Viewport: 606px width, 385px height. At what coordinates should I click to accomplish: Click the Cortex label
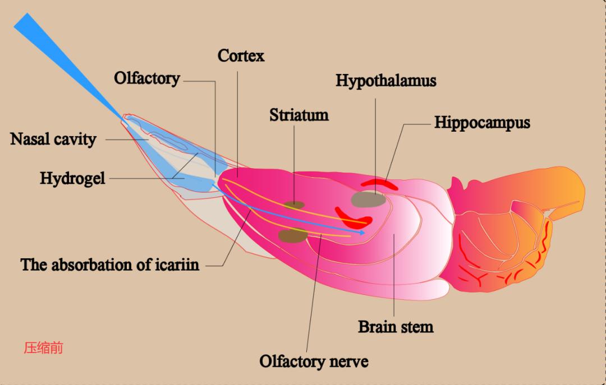coord(241,56)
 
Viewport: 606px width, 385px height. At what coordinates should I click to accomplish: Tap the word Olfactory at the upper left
coord(146,78)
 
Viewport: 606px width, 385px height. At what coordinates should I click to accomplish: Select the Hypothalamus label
coord(385,81)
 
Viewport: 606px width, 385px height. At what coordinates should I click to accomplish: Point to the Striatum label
coord(299,115)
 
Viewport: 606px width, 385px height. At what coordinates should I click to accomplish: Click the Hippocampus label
coord(482,123)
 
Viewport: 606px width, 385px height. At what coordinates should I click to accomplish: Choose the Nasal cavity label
coord(53,139)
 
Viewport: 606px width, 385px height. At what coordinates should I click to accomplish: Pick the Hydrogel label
coord(72,179)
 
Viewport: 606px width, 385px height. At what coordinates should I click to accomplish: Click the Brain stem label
coord(396,326)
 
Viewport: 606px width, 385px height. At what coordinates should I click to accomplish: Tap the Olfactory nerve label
coord(314,361)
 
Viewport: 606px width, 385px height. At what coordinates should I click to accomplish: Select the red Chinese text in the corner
coord(43,348)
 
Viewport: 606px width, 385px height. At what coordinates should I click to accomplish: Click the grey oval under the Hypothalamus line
coord(369,199)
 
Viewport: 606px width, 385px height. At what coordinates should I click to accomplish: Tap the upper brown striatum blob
coord(293,205)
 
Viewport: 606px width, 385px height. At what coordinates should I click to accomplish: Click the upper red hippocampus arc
coord(379,183)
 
